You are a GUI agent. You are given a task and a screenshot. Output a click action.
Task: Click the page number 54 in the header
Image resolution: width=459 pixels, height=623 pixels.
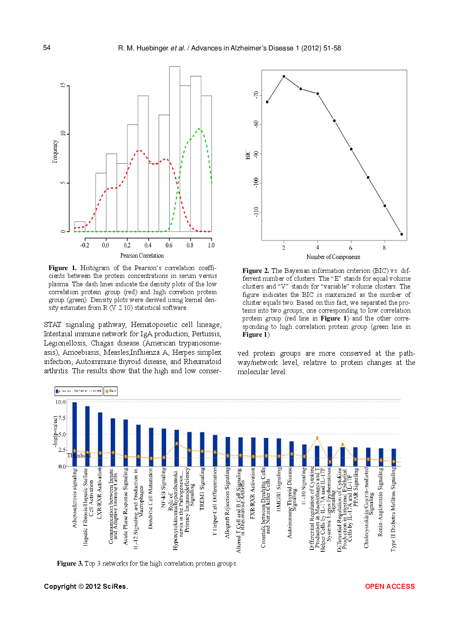pyautogui.click(x=47, y=48)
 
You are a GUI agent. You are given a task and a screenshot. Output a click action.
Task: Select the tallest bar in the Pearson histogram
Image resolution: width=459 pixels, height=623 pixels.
pyautogui.click(x=174, y=148)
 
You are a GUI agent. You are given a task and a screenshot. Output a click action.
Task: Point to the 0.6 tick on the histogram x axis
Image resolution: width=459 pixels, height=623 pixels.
pyautogui.click(x=169, y=245)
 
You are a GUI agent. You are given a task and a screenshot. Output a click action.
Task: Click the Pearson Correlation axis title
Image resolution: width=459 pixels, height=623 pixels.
pyautogui.click(x=142, y=255)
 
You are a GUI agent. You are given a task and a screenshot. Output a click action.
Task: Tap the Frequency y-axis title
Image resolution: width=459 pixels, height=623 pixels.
pyautogui.click(x=55, y=152)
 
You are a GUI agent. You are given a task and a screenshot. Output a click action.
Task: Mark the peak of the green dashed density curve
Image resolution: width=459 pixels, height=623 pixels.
pyautogui.click(x=199, y=129)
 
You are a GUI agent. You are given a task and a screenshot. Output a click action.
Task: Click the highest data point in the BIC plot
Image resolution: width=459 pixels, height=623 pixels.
pyautogui.click(x=284, y=76)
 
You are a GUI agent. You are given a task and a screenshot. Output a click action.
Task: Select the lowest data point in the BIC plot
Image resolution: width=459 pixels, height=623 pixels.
pyautogui.click(x=401, y=234)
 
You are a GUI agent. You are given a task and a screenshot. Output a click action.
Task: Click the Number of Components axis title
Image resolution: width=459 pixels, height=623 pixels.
pyautogui.click(x=333, y=257)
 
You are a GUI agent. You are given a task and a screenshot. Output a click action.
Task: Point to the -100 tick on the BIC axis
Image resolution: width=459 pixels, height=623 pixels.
pyautogui.click(x=256, y=182)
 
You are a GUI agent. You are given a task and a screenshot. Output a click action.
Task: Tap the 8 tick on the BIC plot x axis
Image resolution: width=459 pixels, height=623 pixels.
pyautogui.click(x=384, y=248)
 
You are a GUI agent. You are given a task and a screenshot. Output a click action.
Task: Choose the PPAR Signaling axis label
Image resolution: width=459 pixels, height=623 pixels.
pyautogui.click(x=356, y=490)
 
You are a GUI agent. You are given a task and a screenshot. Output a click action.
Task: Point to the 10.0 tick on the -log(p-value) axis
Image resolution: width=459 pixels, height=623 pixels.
pyautogui.click(x=60, y=402)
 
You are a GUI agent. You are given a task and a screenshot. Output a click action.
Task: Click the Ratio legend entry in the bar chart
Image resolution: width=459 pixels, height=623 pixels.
pyautogui.click(x=111, y=391)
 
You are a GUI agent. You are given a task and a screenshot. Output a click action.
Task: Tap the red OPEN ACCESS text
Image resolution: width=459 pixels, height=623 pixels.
pyautogui.click(x=390, y=586)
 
